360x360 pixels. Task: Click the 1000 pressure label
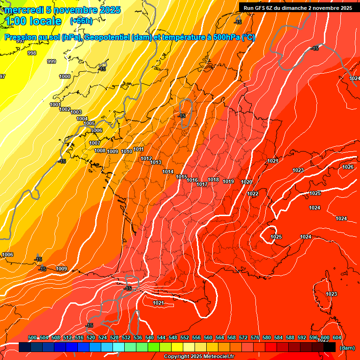click(65, 76)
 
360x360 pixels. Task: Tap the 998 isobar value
click(32, 53)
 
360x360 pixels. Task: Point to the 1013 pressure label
click(156, 162)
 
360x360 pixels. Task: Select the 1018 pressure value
click(213, 180)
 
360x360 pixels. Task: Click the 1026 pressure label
click(348, 167)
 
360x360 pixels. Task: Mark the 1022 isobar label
click(253, 194)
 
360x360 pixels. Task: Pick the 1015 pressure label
click(181, 177)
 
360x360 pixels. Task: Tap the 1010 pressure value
click(127, 151)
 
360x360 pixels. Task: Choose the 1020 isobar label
click(247, 182)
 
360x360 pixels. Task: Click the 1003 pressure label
click(76, 112)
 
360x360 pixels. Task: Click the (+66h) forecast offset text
click(81, 21)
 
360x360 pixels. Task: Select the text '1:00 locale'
click(33, 21)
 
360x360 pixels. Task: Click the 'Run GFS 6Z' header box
click(298, 7)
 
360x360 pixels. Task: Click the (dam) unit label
click(347, 347)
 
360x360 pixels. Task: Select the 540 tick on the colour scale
click(150, 337)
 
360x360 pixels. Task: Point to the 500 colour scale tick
click(32, 337)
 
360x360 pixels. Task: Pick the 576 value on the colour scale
click(255, 337)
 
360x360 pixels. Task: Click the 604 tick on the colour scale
click(337, 337)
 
